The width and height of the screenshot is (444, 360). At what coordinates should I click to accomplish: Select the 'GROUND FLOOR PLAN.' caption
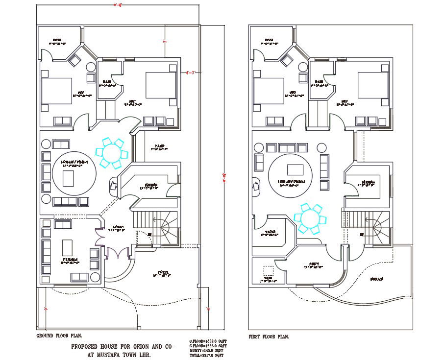[x=59, y=336]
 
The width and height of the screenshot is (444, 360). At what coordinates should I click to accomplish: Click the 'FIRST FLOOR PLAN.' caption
[x=269, y=336]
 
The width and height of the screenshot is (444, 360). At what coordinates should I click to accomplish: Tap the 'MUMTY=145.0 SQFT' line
[x=206, y=350]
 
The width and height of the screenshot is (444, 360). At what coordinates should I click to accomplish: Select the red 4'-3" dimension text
[x=191, y=72]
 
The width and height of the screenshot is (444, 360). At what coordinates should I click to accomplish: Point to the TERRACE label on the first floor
[x=376, y=279]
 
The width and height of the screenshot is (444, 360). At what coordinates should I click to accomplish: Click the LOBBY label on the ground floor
[x=118, y=227]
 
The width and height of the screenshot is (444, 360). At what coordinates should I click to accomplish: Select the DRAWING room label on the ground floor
[x=70, y=261]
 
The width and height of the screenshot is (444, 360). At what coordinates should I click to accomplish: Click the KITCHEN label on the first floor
[x=369, y=183]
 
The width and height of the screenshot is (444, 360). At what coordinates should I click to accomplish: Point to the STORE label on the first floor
[x=270, y=232]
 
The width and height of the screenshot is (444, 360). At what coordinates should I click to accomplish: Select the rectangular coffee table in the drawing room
[x=67, y=246]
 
